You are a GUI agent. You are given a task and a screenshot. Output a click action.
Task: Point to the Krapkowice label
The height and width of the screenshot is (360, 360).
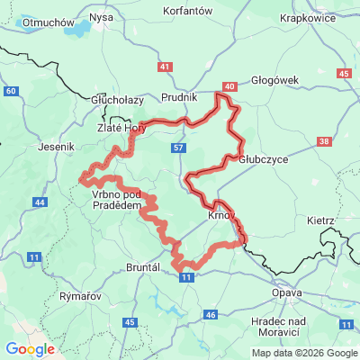(306, 17)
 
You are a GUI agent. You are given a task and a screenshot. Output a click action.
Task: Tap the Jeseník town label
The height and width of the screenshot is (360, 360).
(58, 144)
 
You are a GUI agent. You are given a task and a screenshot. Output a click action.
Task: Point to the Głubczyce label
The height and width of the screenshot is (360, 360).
(264, 158)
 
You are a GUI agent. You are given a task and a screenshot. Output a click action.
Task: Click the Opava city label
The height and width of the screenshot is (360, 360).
(287, 293)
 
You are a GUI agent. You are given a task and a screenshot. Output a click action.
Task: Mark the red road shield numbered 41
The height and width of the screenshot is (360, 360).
(164, 67)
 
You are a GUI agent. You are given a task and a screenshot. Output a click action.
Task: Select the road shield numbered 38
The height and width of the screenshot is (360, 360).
(324, 141)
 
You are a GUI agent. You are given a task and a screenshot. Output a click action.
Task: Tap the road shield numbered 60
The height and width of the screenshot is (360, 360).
(10, 91)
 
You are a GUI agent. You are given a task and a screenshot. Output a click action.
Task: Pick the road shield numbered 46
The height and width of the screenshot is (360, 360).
(211, 314)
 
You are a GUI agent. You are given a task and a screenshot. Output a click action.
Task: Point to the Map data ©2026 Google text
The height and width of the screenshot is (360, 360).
(304, 353)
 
